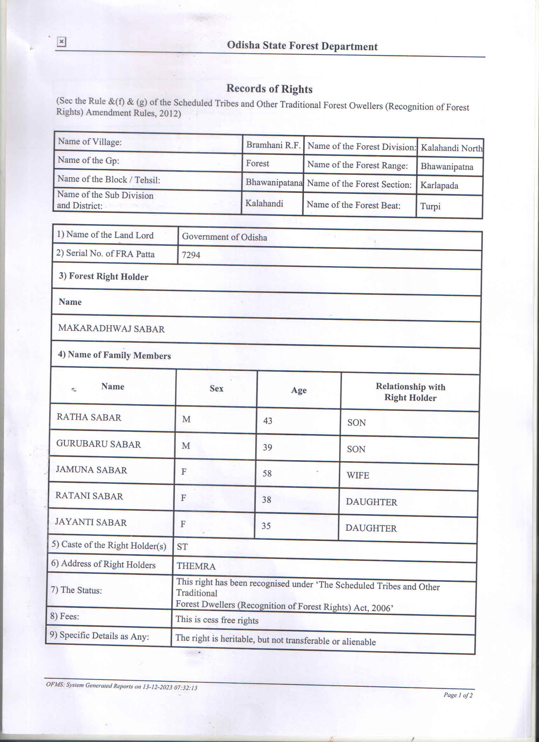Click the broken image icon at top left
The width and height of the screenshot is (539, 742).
pos(61,42)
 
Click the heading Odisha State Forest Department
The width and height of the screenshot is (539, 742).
pos(302,46)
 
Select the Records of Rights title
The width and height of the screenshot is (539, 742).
pos(269,89)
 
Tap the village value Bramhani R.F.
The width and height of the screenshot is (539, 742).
pos(273,145)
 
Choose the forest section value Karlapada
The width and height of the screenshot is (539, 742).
pos(439,185)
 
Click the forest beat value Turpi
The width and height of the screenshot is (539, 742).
pos(430,206)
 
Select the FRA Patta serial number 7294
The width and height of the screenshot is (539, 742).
pos(191,254)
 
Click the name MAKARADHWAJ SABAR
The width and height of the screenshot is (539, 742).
pos(111,329)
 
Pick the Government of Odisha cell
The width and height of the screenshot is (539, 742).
pos(224,237)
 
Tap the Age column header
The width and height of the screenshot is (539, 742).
pos(299,390)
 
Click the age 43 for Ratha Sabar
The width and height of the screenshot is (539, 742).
pos(268,421)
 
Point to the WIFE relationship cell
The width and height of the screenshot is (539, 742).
pos(358,475)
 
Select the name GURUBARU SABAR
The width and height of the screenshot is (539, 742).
pos(99,444)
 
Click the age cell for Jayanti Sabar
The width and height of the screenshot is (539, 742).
pos(266,526)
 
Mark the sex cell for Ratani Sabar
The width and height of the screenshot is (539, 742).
pos(184,498)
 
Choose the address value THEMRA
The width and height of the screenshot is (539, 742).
pos(196,566)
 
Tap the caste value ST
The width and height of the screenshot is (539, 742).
pos(182,547)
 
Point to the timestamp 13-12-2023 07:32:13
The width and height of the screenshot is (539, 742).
pos(170,687)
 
